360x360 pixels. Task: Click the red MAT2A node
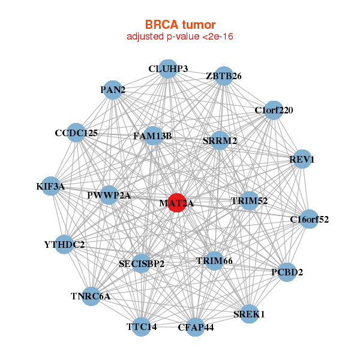tap(177, 203)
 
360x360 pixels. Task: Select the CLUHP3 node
tap(168, 69)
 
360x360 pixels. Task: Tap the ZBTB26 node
tap(223, 76)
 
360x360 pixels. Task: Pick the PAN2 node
tap(113, 90)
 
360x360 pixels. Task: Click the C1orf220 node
tap(274, 110)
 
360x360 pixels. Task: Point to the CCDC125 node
tap(76, 133)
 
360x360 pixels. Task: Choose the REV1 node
tap(302, 160)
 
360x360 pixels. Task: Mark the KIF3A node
tap(50, 187)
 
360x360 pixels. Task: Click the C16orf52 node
tap(309, 220)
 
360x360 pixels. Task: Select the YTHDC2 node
tap(65, 244)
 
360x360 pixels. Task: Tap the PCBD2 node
tap(287, 272)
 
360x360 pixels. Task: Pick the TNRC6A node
tap(91, 296)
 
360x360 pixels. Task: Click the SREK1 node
tap(249, 314)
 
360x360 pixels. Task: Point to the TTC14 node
tap(142, 327)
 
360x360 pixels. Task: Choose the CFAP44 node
tap(196, 327)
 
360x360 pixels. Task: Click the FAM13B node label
tap(152, 136)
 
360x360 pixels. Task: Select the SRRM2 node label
tap(220, 141)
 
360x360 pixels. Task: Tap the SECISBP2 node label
tap(142, 263)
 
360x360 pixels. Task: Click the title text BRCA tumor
tap(180, 25)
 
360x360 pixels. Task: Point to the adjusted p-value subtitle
tap(180, 37)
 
